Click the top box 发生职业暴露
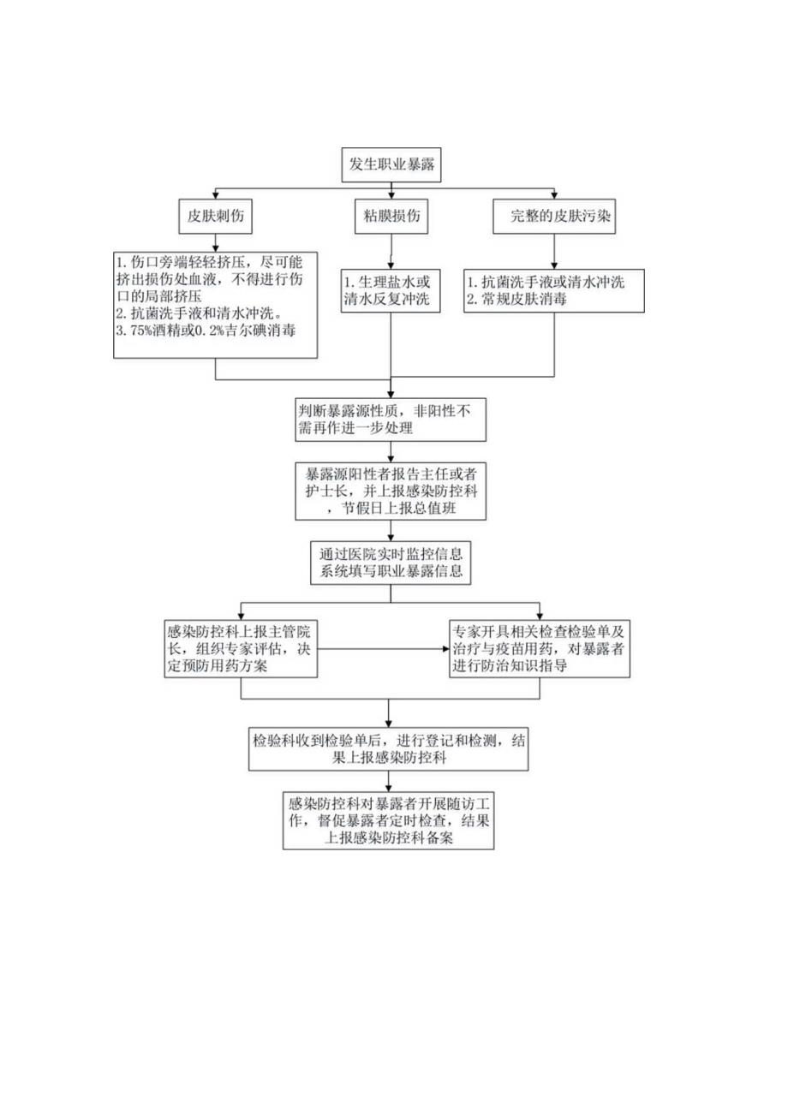(393, 165)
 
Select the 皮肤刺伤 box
(215, 217)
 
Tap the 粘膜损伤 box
(392, 217)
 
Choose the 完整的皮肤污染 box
(555, 217)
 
